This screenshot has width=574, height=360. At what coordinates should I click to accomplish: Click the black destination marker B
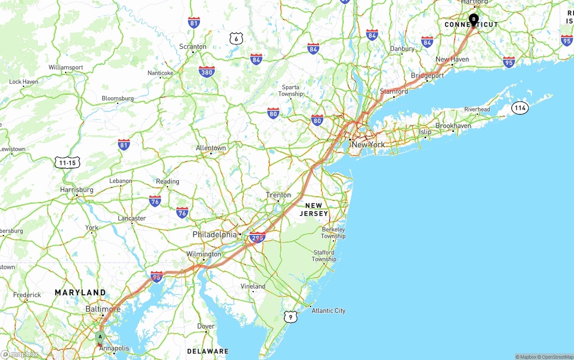(474, 19)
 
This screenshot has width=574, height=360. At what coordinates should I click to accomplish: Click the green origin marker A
(100, 337)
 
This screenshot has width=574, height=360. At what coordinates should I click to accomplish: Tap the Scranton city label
(193, 47)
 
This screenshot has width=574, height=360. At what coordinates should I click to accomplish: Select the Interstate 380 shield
(207, 71)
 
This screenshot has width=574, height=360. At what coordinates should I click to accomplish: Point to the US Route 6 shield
(236, 39)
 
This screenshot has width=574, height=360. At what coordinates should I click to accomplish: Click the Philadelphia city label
(214, 234)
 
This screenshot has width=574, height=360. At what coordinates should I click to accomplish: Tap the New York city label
(368, 144)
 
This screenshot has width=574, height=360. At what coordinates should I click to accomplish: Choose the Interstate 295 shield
(257, 238)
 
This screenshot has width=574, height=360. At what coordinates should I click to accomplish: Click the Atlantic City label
(328, 310)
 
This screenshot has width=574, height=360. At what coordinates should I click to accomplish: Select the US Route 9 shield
(291, 317)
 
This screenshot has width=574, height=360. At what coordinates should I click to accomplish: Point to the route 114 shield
(520, 108)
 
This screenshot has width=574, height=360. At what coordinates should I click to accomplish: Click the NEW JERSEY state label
(314, 209)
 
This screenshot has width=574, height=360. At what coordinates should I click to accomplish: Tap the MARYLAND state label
(80, 292)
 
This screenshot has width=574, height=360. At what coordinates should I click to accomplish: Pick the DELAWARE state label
(208, 351)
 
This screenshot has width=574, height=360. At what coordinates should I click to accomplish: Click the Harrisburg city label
(77, 190)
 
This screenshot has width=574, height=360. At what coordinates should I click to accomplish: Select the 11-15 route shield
(67, 163)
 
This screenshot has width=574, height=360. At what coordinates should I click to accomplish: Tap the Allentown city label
(211, 148)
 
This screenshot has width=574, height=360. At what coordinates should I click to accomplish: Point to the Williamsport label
(66, 67)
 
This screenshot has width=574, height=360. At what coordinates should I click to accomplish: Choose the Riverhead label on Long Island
(477, 109)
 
